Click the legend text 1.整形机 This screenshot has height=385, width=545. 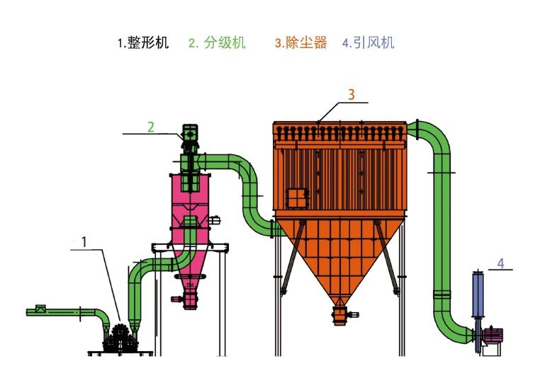(143, 43)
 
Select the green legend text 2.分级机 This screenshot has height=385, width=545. (217, 43)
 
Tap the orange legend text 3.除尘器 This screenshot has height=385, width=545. (301, 43)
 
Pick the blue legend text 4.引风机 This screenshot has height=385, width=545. (368, 43)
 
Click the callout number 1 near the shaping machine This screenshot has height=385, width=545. (84, 242)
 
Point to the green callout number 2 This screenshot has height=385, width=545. (150, 127)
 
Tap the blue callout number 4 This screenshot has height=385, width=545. (500, 263)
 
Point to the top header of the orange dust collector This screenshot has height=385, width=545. (339, 130)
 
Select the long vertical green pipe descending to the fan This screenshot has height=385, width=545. (442, 234)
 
